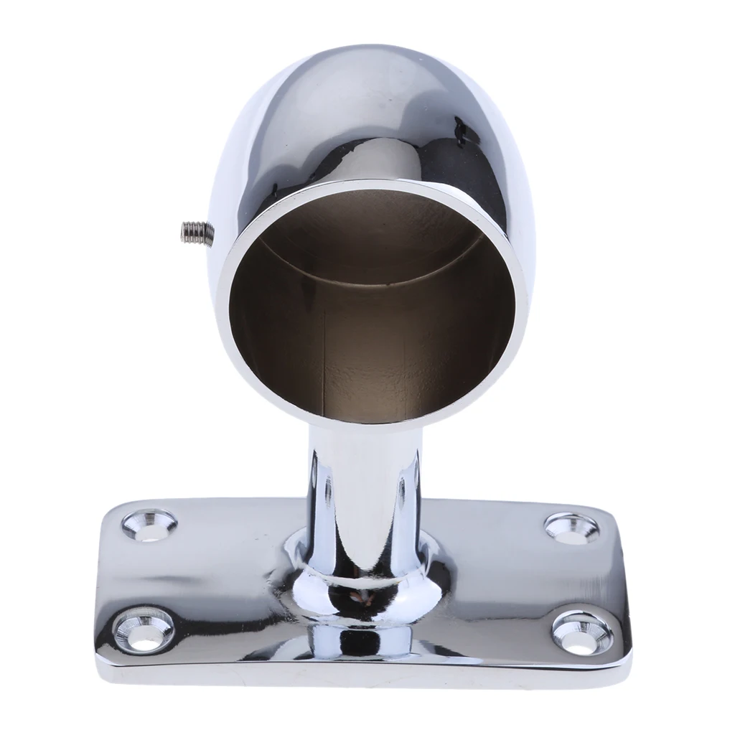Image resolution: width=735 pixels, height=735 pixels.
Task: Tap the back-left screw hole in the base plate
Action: pyautogui.click(x=149, y=524)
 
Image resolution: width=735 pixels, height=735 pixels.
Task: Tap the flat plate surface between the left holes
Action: pyautogui.click(x=144, y=574)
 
